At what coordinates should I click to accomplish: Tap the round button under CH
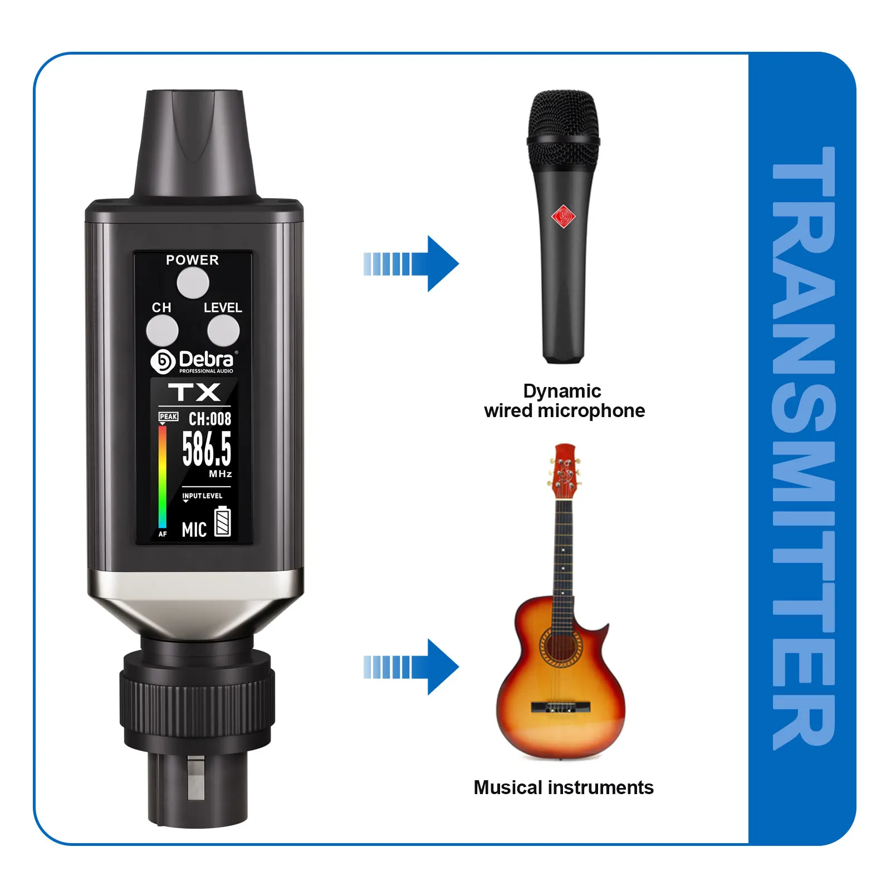click(162, 331)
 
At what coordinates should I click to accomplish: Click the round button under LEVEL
click(223, 331)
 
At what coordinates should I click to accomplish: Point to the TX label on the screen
click(194, 392)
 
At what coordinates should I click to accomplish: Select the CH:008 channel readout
click(209, 419)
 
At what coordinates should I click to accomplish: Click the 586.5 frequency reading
click(207, 449)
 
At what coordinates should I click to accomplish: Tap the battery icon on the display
click(223, 522)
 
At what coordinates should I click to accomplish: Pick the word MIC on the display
click(194, 530)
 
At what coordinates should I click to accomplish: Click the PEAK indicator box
click(168, 417)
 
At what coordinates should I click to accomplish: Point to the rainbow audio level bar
click(162, 477)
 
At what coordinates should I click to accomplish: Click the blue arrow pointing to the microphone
click(412, 263)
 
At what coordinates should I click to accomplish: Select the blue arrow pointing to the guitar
click(412, 667)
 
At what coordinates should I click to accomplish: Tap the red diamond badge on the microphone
click(563, 216)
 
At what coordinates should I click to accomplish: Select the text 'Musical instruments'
click(564, 787)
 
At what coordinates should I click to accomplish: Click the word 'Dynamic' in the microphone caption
click(562, 391)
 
